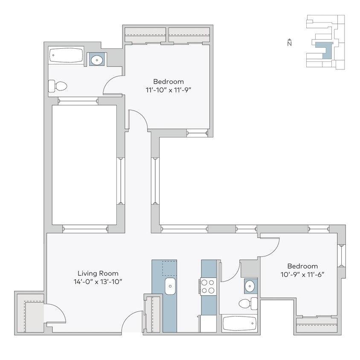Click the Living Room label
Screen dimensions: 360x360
click(x=98, y=273)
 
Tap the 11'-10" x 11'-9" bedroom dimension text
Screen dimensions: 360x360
click(x=168, y=90)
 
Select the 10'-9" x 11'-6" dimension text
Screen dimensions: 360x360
click(x=302, y=274)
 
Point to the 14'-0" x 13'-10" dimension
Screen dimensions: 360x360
click(x=98, y=282)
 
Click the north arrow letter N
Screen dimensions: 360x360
click(x=289, y=44)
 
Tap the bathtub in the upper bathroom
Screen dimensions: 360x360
click(x=66, y=55)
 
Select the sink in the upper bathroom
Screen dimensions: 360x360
click(x=97, y=60)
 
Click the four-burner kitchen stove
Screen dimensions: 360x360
click(x=208, y=286)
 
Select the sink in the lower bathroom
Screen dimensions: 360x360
click(x=250, y=286)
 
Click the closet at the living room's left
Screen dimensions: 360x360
click(x=30, y=312)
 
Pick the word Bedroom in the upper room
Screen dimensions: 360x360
click(x=168, y=81)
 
